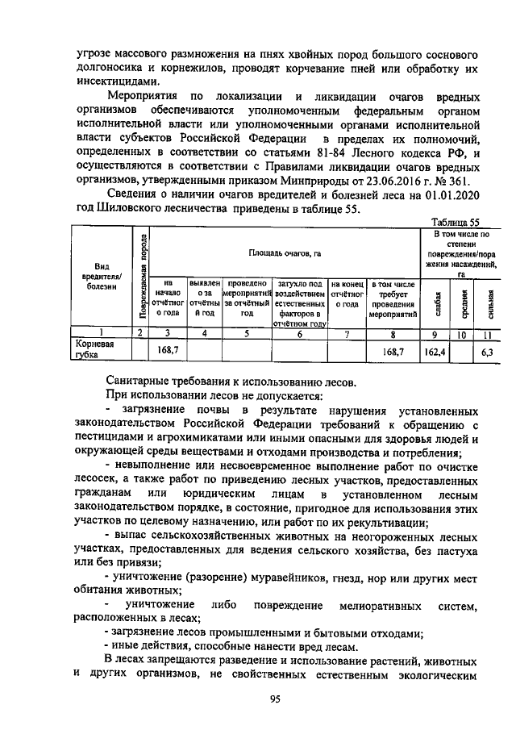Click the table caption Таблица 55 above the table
455,222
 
